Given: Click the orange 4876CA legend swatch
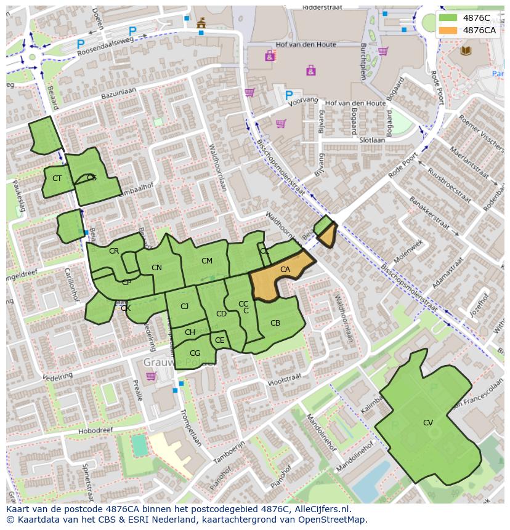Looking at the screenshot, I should (x=448, y=30).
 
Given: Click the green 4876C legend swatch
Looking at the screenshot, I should (x=448, y=18).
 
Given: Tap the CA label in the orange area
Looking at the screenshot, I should (x=285, y=270).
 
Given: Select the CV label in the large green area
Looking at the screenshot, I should (x=428, y=423).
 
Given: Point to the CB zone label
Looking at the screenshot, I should (x=275, y=323).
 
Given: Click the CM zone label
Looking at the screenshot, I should (x=207, y=261).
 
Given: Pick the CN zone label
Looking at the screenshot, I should (x=156, y=268).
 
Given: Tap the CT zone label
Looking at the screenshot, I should (x=57, y=179).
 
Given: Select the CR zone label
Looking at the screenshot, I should (x=114, y=251).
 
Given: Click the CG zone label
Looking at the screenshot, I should (x=195, y=353).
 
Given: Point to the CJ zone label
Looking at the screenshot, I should (x=185, y=307).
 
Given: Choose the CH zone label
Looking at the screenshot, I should (x=190, y=332).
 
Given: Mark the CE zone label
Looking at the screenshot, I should (x=220, y=340).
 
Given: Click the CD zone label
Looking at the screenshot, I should (x=221, y=314).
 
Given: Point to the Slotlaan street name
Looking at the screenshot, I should (x=372, y=140).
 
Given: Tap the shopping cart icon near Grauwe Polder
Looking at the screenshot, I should (x=151, y=375).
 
